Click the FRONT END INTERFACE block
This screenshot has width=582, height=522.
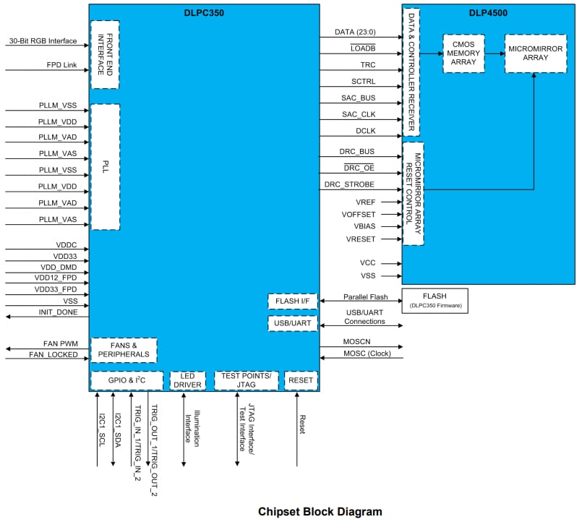(105, 54)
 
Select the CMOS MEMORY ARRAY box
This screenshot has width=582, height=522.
(463, 53)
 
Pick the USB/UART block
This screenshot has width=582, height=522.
(293, 323)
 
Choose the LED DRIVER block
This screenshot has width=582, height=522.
(187, 380)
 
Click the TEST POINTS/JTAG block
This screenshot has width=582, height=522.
(245, 380)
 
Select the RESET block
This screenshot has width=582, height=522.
(300, 380)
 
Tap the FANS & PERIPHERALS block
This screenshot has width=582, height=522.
(123, 350)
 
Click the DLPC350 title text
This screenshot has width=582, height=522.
(205, 12)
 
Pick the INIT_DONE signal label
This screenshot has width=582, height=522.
(58, 312)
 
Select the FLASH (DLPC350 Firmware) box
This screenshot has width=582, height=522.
(435, 300)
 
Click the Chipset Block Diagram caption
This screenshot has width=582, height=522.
(320, 511)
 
